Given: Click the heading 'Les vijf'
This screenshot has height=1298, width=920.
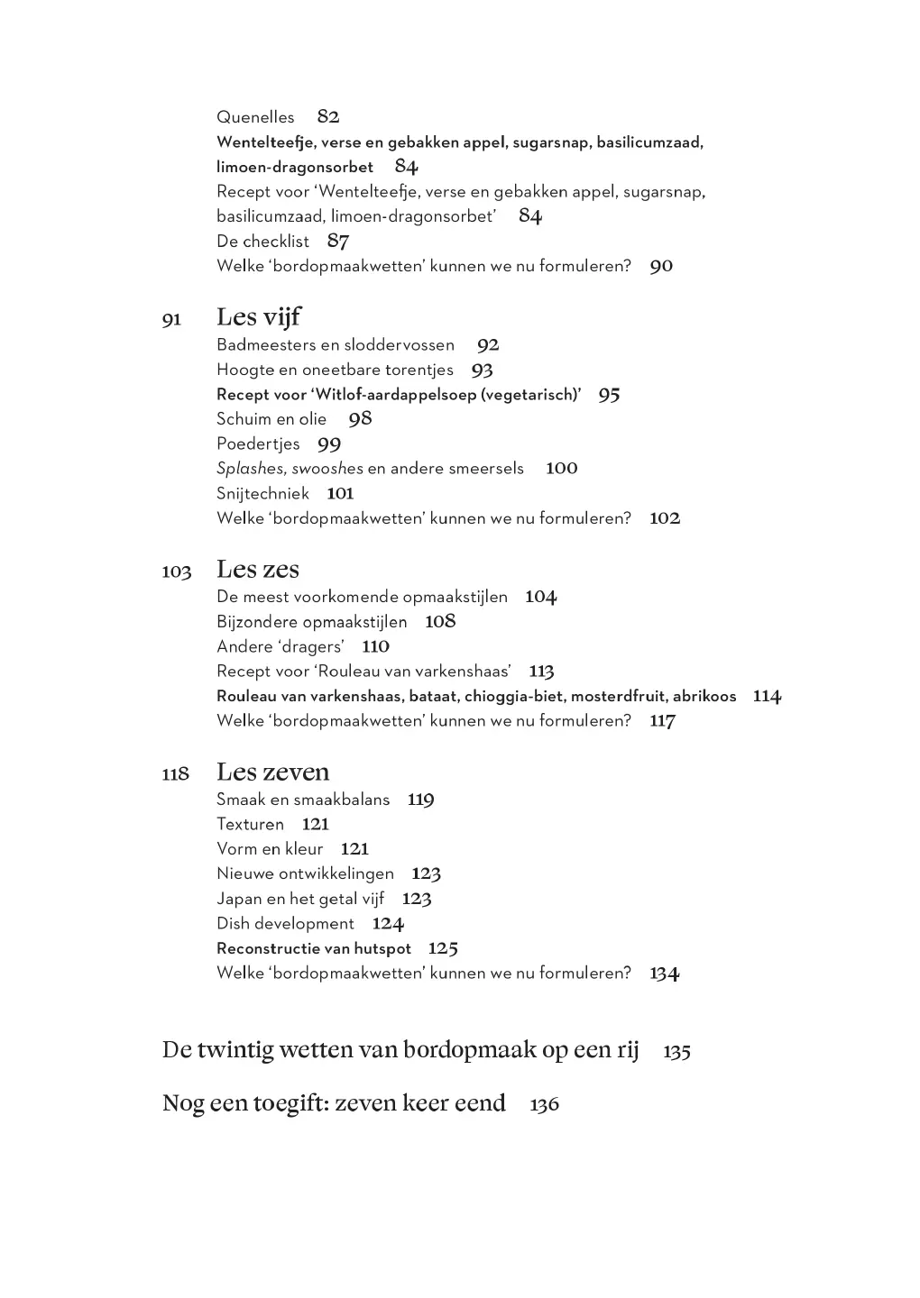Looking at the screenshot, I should (x=259, y=317).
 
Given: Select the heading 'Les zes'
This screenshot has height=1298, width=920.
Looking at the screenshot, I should (x=258, y=570).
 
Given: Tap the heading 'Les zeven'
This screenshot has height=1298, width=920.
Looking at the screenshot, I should (x=272, y=772).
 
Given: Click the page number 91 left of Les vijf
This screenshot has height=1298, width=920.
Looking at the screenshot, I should (x=171, y=320).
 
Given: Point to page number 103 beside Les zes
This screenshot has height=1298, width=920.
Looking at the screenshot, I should (x=177, y=572).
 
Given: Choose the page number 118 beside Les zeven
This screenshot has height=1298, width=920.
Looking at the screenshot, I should (x=176, y=774).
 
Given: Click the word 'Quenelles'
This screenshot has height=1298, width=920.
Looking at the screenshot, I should (x=255, y=117).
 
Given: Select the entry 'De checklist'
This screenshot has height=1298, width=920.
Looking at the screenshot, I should (x=262, y=242).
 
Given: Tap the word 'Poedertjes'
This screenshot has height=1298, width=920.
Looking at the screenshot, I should (x=258, y=443).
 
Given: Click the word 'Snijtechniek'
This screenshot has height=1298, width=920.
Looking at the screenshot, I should (x=262, y=493).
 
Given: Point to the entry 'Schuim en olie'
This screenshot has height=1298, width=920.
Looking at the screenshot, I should (x=271, y=419).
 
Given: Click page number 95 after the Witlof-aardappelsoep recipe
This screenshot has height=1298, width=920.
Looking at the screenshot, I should (x=609, y=395).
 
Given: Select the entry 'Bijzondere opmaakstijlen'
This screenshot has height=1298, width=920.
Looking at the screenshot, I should (x=311, y=622).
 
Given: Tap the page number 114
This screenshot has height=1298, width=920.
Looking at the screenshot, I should (x=767, y=696).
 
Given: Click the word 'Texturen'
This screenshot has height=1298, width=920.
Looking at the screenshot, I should (x=250, y=824).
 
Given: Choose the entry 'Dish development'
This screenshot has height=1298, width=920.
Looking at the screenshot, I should (x=285, y=924).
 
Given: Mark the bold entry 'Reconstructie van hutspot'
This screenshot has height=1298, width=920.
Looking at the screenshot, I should (x=314, y=948).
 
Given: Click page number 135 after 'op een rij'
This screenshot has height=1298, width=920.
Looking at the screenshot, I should (x=676, y=1052).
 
